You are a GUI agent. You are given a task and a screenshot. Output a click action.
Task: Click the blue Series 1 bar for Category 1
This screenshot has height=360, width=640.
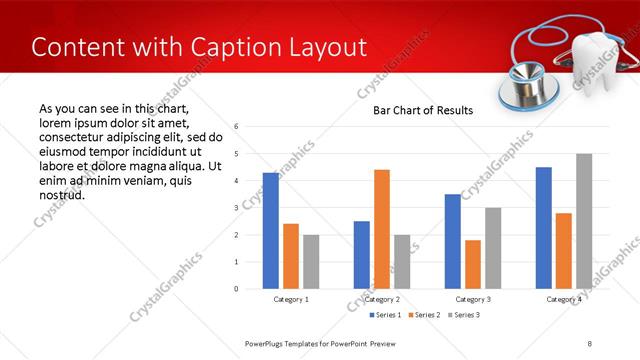coord(271,231)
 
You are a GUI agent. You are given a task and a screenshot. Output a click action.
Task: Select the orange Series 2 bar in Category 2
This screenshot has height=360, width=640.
coord(382,229)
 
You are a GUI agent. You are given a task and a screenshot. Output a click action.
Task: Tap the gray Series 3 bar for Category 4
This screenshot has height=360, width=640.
coord(584,221)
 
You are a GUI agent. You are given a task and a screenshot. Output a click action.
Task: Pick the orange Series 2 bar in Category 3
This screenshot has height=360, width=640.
coord(473,264)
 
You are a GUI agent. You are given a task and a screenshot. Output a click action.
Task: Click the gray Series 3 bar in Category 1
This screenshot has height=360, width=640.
coord(311,262)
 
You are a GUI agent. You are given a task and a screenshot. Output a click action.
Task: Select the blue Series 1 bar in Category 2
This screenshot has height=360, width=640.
coord(362,255)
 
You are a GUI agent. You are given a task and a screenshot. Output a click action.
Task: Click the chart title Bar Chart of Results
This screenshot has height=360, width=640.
coord(423,110)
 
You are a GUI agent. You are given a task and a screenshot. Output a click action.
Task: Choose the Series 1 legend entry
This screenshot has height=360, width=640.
coord(387,315)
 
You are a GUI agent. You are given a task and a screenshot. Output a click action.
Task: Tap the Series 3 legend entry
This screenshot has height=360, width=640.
coord(463,315)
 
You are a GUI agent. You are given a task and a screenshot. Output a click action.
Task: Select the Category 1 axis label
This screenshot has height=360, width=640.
coord(291,299)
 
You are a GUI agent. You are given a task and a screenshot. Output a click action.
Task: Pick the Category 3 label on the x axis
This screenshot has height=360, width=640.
coord(473,299)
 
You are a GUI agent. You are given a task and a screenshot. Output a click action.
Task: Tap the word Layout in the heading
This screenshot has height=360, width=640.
coord(323,47)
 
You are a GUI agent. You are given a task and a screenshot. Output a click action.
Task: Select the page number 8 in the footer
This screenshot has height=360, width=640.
coord(590,343)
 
